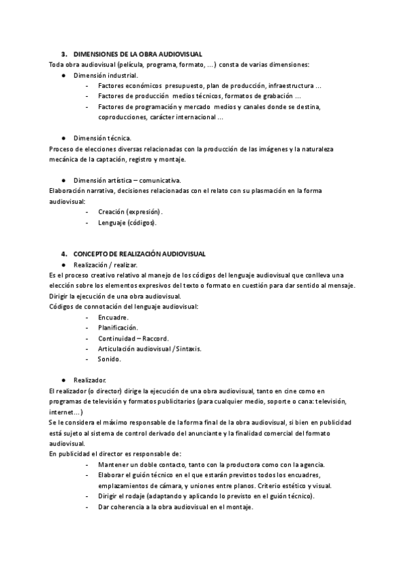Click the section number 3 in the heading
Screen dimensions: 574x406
(63, 54)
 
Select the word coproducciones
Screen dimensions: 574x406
(122, 117)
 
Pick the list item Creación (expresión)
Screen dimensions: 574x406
(131, 212)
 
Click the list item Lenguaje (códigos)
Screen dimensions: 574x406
(128, 223)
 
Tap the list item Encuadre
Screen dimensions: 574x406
(114, 317)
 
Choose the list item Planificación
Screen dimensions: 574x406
(118, 328)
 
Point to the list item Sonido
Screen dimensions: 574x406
(110, 359)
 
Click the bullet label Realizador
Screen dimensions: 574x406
(90, 380)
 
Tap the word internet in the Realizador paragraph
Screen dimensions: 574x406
(64, 412)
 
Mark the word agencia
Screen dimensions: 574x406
(309, 465)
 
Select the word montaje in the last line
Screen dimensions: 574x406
(238, 508)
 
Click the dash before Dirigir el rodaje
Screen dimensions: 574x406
(88, 497)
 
